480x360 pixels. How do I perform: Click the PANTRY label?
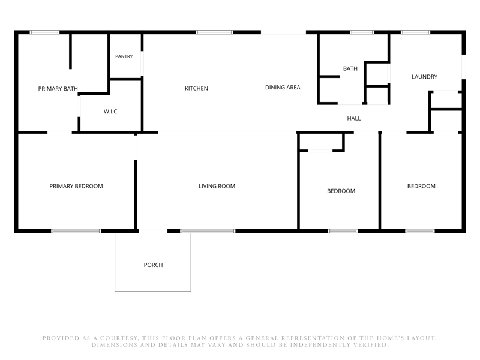click(124, 56)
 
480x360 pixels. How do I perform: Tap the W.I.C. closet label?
click(111, 112)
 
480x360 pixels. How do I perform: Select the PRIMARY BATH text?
click(58, 89)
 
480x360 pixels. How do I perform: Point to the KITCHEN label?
click(196, 88)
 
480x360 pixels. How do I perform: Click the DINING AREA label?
click(283, 88)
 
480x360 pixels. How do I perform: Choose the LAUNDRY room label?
click(424, 77)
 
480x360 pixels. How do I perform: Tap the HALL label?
click(354, 118)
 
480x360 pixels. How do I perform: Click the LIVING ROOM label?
click(217, 186)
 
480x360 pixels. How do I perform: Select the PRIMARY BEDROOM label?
click(76, 186)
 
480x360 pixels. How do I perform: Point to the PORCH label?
click(153, 265)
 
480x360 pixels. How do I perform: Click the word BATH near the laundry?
click(350, 68)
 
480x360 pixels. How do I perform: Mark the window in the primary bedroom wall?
click(76, 231)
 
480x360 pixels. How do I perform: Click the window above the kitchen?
click(214, 32)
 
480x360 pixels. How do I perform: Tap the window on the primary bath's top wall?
click(44, 32)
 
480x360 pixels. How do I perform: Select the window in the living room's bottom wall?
click(208, 231)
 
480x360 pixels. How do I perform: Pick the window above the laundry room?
click(415, 32)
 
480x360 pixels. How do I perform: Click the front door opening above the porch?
click(153, 231)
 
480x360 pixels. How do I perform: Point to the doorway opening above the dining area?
click(283, 32)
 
